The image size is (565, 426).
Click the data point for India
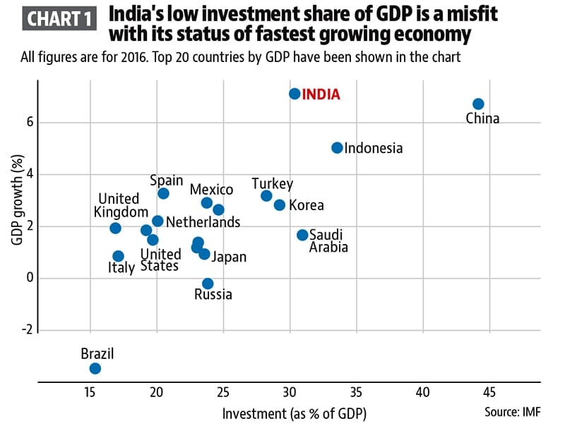click(295, 93)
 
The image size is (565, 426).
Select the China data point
click(478, 104)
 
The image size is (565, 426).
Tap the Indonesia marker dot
click(337, 147)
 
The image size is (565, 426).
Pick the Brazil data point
click(95, 368)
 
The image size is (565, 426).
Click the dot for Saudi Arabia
click(302, 235)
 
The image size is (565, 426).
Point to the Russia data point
click(208, 284)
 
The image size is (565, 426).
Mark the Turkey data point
click(266, 195)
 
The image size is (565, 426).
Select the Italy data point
click(118, 256)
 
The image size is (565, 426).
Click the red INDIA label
click(321, 94)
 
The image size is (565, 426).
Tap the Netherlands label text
click(203, 222)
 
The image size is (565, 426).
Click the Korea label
click(307, 205)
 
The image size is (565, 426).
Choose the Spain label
click(167, 181)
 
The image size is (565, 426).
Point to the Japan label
click(230, 257)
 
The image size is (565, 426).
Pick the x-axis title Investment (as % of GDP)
click(295, 412)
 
